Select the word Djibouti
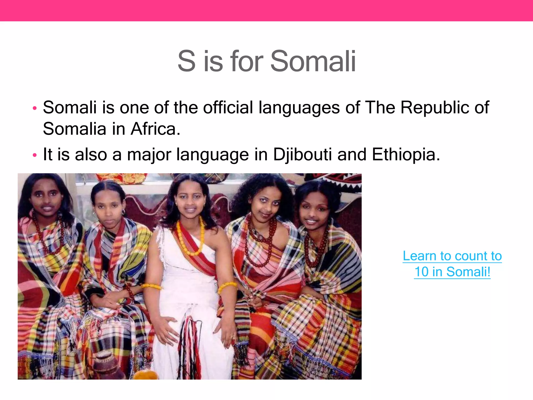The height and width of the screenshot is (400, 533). [302, 154]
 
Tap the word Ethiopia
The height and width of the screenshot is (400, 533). [406, 154]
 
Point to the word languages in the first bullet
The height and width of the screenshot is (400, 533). [299, 108]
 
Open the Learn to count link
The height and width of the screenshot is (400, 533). [452, 256]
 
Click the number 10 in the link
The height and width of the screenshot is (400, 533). [421, 272]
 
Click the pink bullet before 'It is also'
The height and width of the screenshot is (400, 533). [35, 155]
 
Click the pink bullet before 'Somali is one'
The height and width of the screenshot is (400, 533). [35, 108]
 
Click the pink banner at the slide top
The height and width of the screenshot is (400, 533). [266, 10]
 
